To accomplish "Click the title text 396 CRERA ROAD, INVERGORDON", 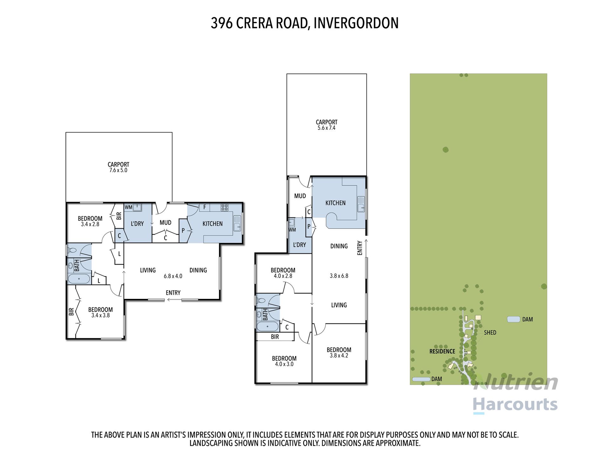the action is pos(304,23).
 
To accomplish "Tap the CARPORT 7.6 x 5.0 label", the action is pos(119,167).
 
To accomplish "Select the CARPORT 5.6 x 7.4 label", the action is pos(327,125).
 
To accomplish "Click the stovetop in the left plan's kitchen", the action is pos(225,208).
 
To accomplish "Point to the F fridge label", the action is pos(205,207).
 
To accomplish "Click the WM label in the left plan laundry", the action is pos(128,208).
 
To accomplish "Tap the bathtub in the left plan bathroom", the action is pos(79,279).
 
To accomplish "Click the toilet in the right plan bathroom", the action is pos(261,301).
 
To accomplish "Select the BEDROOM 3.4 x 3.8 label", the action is pos(100,312).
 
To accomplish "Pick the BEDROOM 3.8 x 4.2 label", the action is pos(339,353).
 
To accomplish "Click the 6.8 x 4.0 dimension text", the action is pos(173,276).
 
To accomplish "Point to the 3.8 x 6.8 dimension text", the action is pos(339,276).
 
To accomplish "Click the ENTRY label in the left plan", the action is pos(173,293).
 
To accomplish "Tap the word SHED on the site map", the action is pos(490,333).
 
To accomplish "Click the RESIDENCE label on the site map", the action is pos(442,351).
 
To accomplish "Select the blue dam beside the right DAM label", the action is pos(513,319).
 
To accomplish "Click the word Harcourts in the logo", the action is pos(515,404).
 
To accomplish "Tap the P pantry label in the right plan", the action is pos(309,227).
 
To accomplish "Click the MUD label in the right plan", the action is pos(300,196).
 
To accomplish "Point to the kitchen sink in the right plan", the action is pos(361,204).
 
